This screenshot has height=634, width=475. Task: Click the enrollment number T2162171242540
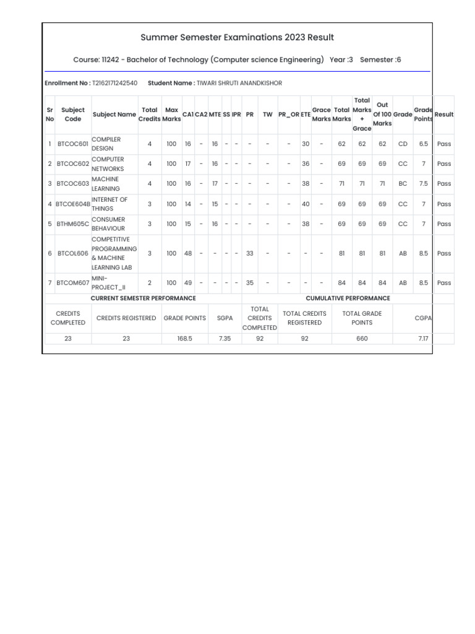[114, 83]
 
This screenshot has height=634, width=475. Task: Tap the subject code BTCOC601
[73, 144]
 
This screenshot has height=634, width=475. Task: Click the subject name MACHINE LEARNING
[106, 184]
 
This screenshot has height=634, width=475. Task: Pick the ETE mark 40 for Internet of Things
[306, 204]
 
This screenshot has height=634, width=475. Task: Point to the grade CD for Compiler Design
[403, 144]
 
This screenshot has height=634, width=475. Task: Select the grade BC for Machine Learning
[403, 184]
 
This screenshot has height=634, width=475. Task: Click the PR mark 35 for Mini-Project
[250, 283]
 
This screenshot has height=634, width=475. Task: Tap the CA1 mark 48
[188, 253]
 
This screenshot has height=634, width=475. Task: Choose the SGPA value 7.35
[225, 339]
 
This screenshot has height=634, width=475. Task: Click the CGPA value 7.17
[423, 339]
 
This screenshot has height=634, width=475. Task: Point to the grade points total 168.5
[184, 339]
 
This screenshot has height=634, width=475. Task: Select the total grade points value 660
[362, 339]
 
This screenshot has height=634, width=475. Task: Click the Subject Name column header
[114, 115]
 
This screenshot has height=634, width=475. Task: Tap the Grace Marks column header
[321, 115]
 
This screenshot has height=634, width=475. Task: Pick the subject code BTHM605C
[73, 224]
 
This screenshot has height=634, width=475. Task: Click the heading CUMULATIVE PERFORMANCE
[348, 298]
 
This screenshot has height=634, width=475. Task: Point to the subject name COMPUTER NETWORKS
[108, 164]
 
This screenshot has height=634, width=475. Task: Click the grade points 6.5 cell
[423, 144]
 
